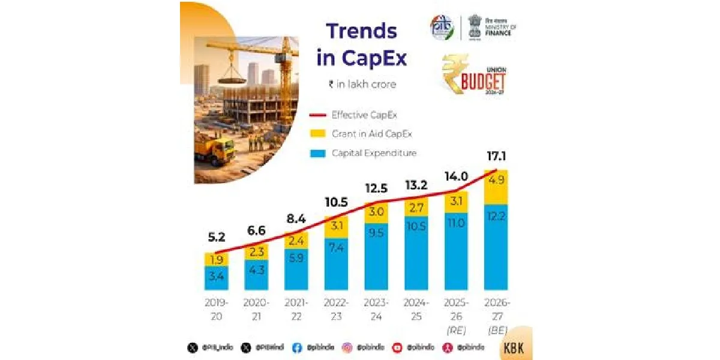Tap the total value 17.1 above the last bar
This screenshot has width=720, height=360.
tap(496, 158)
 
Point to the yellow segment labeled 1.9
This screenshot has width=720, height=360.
tap(216, 259)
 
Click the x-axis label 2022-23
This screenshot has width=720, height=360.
tap(337, 308)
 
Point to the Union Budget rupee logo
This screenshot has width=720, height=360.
tap(474, 74)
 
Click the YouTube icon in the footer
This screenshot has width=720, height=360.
tap(397, 347)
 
